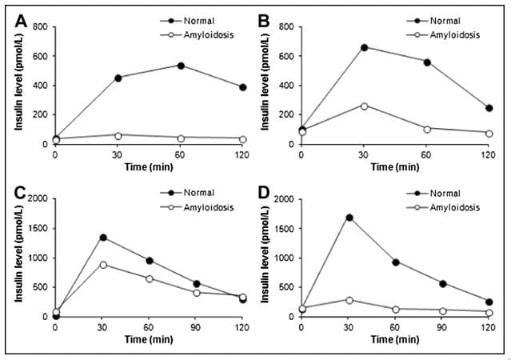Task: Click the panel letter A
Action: pyautogui.click(x=22, y=21)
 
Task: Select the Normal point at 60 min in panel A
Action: pyautogui.click(x=182, y=66)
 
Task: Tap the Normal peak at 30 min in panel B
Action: pyautogui.click(x=365, y=47)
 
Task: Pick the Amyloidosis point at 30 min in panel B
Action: pyautogui.click(x=365, y=106)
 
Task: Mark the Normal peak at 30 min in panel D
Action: pyautogui.click(x=349, y=217)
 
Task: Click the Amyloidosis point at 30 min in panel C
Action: pyautogui.click(x=103, y=264)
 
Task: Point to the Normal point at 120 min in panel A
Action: pyautogui.click(x=244, y=87)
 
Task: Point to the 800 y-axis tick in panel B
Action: pyautogui.click(x=285, y=27)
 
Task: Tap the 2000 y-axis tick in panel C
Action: pyautogui.click(x=36, y=198)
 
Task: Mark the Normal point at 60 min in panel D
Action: pyautogui.click(x=397, y=262)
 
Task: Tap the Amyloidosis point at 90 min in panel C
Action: pyautogui.click(x=196, y=292)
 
